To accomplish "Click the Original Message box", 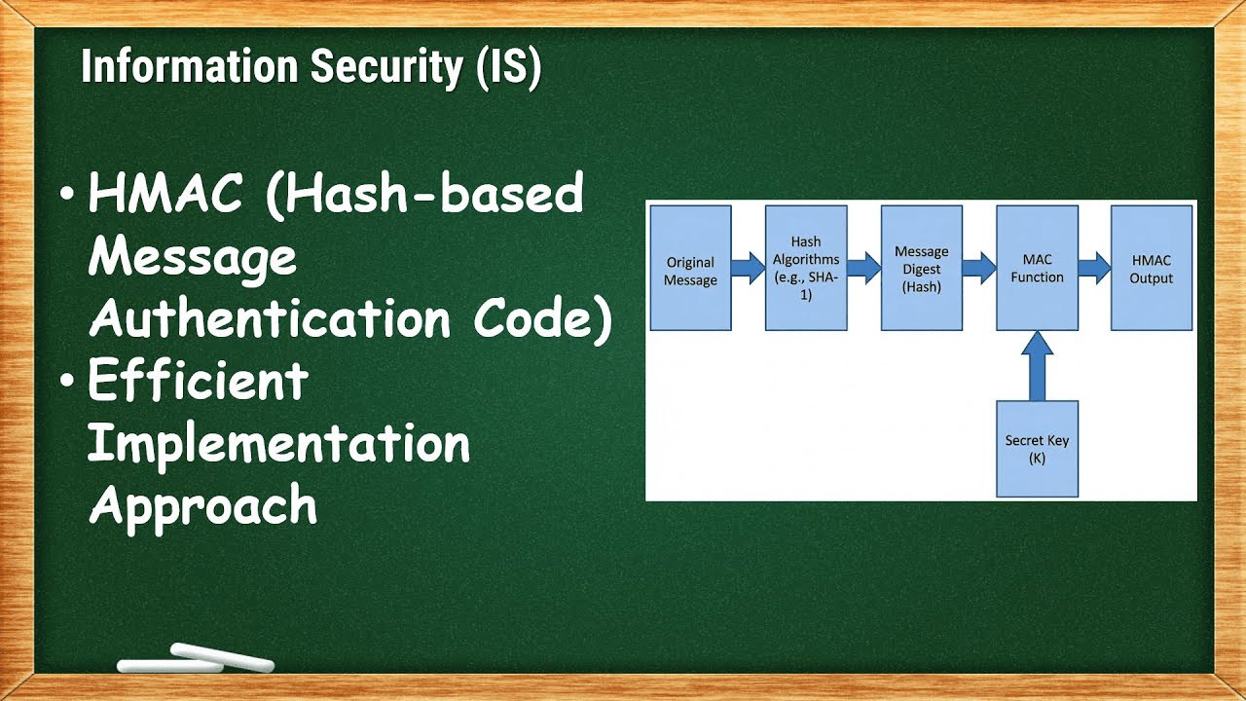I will [x=690, y=268].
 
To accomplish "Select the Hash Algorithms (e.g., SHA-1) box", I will [x=805, y=268].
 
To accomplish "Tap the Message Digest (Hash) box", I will [x=921, y=268].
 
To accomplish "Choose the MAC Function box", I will [x=1037, y=268].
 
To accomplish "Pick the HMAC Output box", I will [x=1152, y=268].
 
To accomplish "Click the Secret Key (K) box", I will [x=1037, y=448].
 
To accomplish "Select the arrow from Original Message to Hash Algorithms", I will [x=748, y=267].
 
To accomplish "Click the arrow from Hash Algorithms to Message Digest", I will [x=862, y=267].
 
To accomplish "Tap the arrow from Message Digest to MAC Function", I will [x=978, y=267].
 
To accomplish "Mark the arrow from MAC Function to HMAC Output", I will [x=1094, y=267].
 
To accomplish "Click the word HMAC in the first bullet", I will [x=165, y=195].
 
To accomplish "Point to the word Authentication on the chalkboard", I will [x=271, y=319].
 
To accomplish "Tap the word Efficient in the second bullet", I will [x=198, y=382].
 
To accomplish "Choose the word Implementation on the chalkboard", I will [x=279, y=444].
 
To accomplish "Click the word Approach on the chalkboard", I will [x=202, y=506].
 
